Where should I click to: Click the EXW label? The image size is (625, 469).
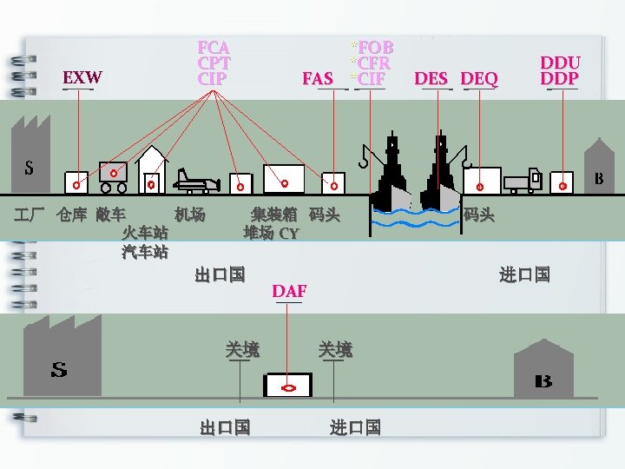[82, 77]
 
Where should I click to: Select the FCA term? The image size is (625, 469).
[214, 47]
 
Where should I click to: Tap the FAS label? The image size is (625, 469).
[318, 79]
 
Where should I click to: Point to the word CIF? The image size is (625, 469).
[372, 79]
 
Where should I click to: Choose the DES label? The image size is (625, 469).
[431, 79]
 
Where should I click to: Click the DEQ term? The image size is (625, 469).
[480, 79]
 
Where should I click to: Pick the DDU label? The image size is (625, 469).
[560, 63]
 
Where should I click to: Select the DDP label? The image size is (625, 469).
[560, 78]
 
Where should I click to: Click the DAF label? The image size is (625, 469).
[289, 290]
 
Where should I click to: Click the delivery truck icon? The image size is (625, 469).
[523, 181]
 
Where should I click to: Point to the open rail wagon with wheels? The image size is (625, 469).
[113, 176]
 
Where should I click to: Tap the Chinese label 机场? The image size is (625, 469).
[189, 214]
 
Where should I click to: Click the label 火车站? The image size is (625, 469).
[145, 233]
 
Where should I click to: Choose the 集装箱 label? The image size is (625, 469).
[273, 214]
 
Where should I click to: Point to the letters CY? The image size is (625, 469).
[289, 234]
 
